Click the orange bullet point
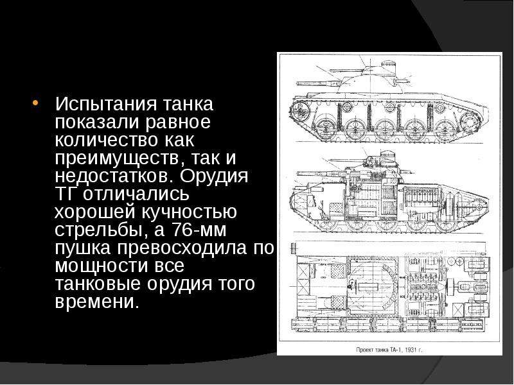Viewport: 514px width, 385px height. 35,103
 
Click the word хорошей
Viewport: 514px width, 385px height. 95,212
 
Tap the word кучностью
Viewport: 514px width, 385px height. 189,212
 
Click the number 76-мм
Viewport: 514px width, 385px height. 199,230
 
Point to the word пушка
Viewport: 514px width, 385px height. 83,248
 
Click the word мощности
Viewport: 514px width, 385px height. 102,266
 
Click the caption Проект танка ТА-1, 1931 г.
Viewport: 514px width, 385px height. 389,350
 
